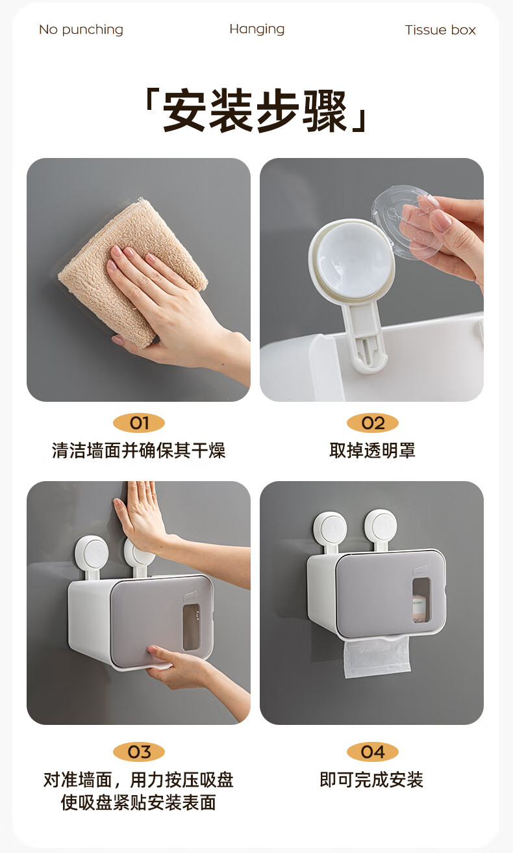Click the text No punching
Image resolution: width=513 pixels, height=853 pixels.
(x=81, y=30)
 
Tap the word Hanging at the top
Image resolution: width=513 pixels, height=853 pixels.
(x=257, y=29)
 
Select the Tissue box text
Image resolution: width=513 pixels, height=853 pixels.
(x=440, y=30)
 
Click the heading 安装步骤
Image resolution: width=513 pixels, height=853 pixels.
(x=256, y=111)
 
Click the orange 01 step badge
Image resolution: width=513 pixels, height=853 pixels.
(x=139, y=423)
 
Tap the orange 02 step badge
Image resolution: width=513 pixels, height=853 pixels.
(x=373, y=423)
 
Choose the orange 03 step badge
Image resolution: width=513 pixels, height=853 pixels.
(x=139, y=752)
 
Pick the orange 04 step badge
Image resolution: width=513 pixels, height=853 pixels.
(x=373, y=752)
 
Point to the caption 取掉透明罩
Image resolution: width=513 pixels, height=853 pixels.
(x=372, y=451)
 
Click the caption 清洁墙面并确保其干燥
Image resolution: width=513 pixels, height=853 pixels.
(x=139, y=451)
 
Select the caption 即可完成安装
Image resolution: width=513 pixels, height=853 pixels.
(x=371, y=780)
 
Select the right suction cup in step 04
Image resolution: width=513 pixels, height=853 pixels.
(x=381, y=526)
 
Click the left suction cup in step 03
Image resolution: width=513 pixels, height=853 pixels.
(x=92, y=553)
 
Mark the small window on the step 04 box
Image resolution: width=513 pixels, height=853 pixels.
(x=421, y=601)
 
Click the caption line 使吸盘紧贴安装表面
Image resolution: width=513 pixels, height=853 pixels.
(x=139, y=802)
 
